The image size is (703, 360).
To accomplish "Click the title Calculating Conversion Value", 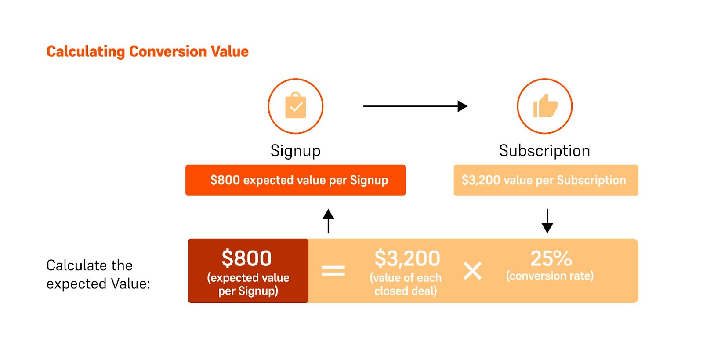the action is pyautogui.click(x=148, y=52).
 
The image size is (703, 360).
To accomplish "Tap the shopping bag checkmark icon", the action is pyautogui.click(x=295, y=105).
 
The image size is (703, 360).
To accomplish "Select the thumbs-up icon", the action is pyautogui.click(x=545, y=106).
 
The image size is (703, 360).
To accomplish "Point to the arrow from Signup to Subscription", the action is pyautogui.click(x=415, y=106).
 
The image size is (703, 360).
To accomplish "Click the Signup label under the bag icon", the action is pyautogui.click(x=295, y=151).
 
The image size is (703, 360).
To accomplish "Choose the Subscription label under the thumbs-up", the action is pyautogui.click(x=544, y=151).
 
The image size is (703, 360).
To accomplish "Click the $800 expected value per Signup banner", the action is pyautogui.click(x=295, y=180).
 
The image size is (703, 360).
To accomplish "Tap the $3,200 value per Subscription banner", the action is pyautogui.click(x=546, y=180).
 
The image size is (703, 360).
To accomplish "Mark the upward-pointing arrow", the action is pyautogui.click(x=328, y=221).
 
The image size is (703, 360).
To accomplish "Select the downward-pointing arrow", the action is pyautogui.click(x=547, y=221).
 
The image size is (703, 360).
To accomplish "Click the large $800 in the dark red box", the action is pyautogui.click(x=246, y=258).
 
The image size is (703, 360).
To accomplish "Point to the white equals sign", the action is pyautogui.click(x=333, y=270).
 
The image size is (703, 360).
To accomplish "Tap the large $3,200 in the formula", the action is pyautogui.click(x=407, y=258).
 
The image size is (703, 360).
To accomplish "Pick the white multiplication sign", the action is pyautogui.click(x=472, y=271).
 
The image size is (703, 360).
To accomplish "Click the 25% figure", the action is pyautogui.click(x=551, y=258).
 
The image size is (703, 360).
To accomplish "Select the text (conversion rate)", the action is pyautogui.click(x=550, y=276).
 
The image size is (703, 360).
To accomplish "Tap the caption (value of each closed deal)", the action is pyautogui.click(x=406, y=284).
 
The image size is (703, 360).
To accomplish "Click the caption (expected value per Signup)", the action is pyautogui.click(x=248, y=284).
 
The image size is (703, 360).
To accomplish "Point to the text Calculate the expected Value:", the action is pyautogui.click(x=98, y=275).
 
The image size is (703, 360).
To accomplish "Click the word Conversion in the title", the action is pyautogui.click(x=168, y=52).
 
